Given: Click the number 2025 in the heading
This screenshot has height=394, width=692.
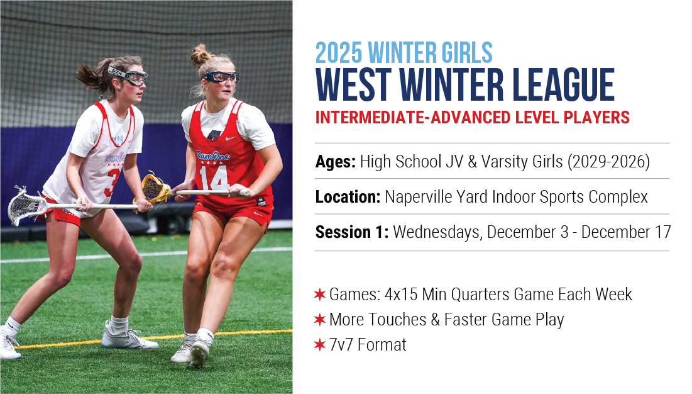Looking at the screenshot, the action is point(339,53).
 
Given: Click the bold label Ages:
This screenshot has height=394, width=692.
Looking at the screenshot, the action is point(336,162).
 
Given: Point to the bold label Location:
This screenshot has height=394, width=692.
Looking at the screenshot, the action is point(348,197).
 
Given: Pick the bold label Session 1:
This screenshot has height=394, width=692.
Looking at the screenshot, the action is point(352,232).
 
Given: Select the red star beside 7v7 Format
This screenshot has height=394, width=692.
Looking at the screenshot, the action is point(319,344).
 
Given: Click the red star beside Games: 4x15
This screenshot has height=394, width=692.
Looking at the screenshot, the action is point(319,294).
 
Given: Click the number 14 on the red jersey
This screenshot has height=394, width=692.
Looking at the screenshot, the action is point(214,178).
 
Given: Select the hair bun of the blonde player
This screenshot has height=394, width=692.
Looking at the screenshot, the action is point(201,55).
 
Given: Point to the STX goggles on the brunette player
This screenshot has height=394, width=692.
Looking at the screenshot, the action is point(128,76).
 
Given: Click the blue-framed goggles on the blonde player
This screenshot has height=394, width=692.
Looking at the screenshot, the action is point(221,77).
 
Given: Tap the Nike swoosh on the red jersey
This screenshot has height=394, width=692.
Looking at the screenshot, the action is point(231,138).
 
